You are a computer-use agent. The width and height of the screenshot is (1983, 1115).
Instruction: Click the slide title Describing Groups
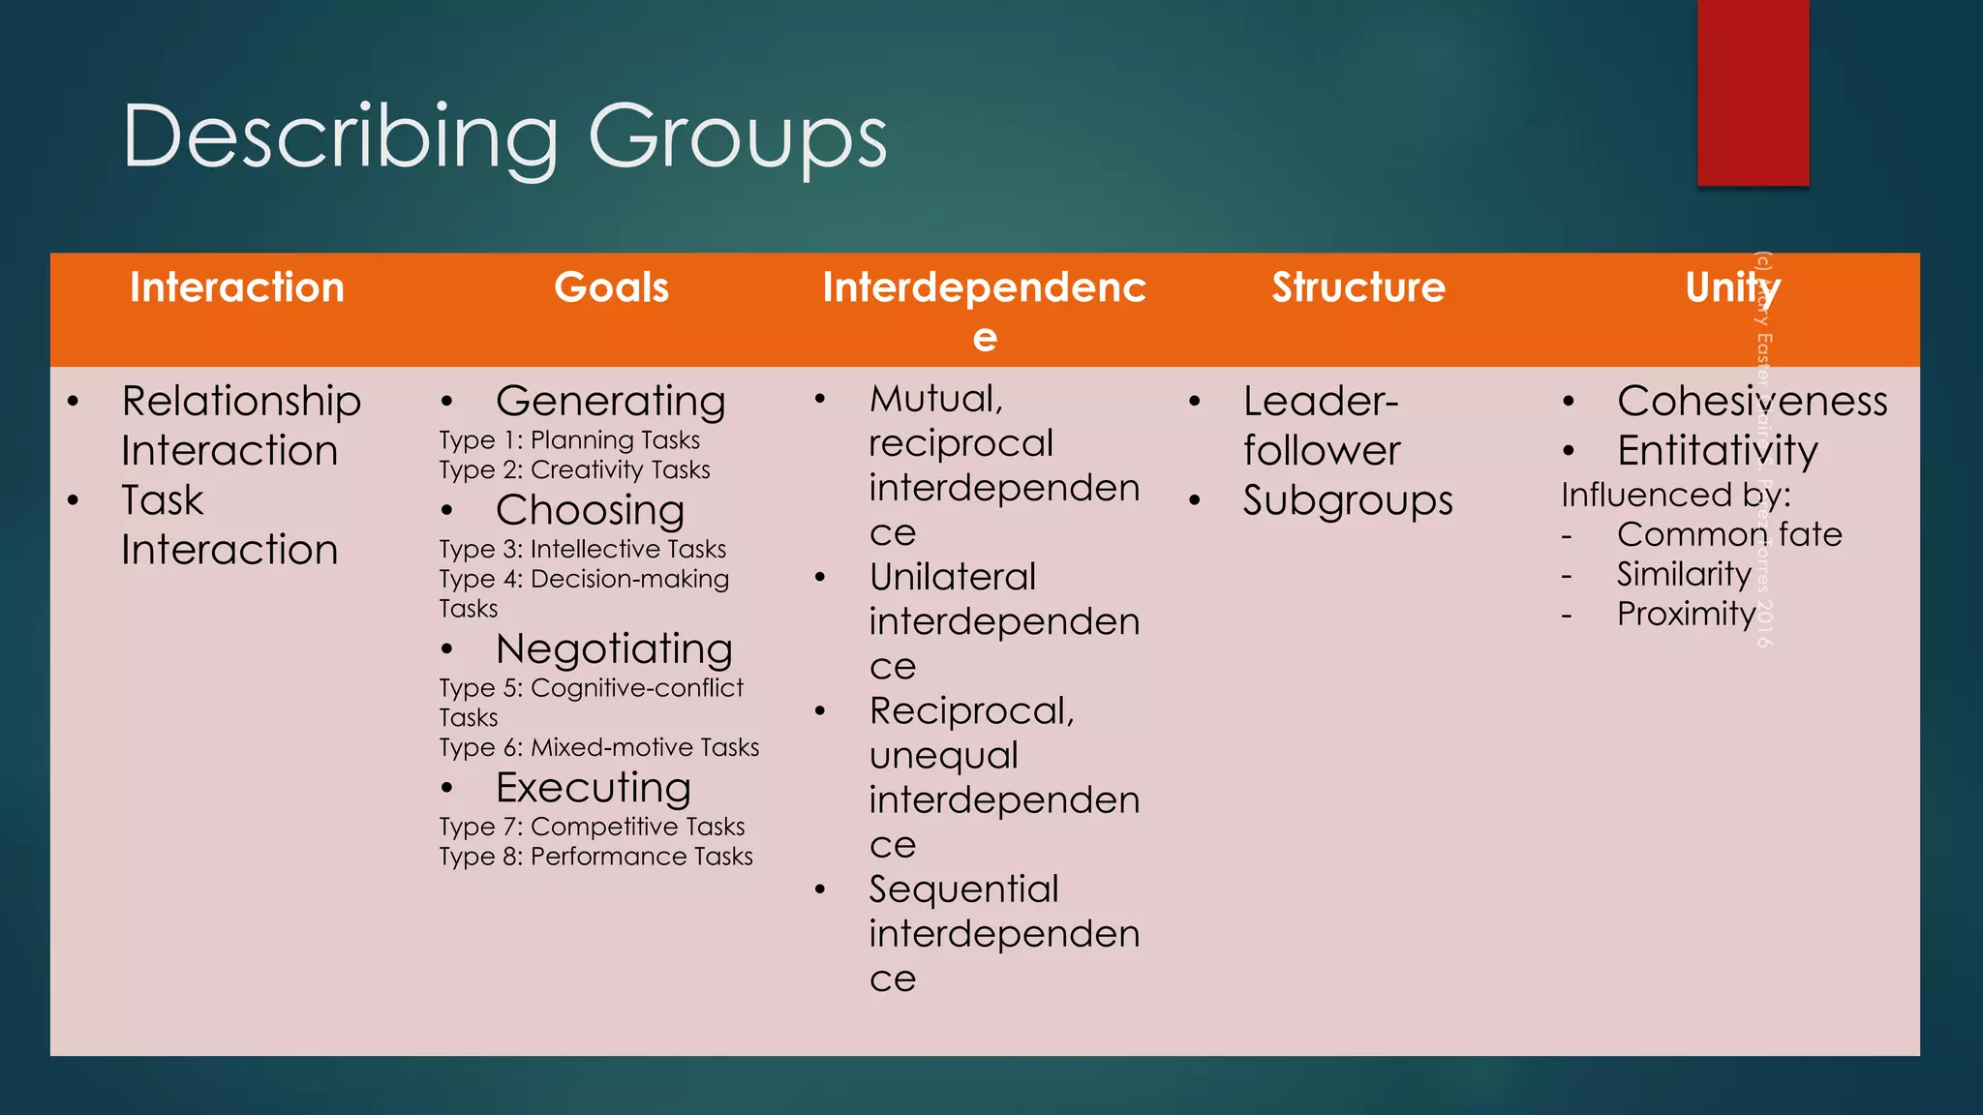coord(504,137)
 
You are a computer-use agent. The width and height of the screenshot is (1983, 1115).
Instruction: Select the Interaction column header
coord(237,287)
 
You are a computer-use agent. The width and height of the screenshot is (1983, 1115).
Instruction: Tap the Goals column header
coord(611,287)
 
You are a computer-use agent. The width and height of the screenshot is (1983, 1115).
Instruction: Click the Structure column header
coord(1358,287)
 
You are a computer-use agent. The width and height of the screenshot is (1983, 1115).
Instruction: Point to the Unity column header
coord(1731,287)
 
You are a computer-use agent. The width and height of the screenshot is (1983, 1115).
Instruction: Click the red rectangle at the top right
coord(1753,92)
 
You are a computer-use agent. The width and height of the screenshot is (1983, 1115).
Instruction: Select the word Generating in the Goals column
coord(610,401)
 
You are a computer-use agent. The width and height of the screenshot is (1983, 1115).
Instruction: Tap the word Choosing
coord(590,510)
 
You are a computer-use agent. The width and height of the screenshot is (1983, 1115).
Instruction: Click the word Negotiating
coord(614,648)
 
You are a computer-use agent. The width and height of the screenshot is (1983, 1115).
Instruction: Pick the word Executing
coord(593,788)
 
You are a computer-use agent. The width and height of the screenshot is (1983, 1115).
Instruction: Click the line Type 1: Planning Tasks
coord(569,440)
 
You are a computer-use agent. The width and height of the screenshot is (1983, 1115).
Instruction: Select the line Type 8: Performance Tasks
coord(595,857)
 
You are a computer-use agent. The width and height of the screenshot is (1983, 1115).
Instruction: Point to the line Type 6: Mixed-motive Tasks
coord(598,747)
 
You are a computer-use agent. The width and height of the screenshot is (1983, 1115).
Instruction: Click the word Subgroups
coord(1348,500)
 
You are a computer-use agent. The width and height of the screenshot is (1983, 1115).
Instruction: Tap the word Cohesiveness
coord(1752,401)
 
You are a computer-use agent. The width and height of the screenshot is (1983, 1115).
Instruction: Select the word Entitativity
coord(1717,451)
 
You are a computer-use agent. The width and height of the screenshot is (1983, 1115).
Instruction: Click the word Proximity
coord(1686,614)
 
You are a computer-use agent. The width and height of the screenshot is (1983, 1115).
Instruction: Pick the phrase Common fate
coord(1729,534)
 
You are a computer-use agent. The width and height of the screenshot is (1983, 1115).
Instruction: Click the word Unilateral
coord(953,577)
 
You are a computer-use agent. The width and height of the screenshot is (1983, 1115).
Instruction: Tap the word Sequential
coord(963,889)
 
